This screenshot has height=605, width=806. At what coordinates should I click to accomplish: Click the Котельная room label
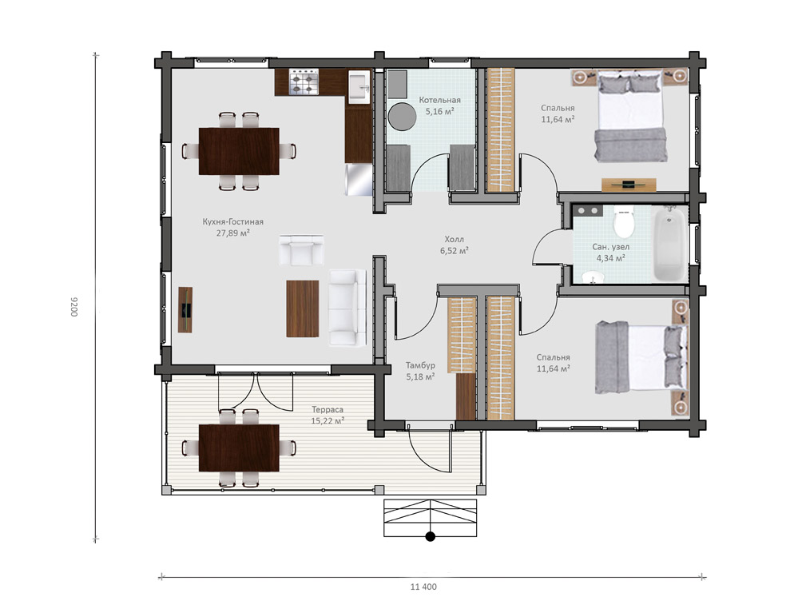(x=439, y=100)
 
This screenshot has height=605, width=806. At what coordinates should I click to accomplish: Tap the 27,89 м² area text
(x=233, y=233)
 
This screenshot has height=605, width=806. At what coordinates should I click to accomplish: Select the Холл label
(x=454, y=239)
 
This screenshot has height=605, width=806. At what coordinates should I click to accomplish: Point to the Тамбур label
(x=420, y=365)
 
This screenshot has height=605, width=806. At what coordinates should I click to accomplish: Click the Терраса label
(x=328, y=409)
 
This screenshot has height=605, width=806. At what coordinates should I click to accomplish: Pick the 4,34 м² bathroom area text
(x=610, y=257)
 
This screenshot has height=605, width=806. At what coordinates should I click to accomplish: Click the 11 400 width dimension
(x=423, y=587)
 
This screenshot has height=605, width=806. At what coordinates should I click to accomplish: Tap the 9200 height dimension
(x=73, y=306)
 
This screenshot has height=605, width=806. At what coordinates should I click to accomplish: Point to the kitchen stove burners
(x=304, y=82)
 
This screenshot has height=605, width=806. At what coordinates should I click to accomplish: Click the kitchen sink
(x=359, y=86)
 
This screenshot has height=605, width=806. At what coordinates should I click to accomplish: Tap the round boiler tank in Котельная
(x=402, y=117)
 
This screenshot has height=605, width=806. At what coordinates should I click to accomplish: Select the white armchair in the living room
(x=301, y=250)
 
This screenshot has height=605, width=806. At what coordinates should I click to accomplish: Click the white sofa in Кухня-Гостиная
(x=347, y=307)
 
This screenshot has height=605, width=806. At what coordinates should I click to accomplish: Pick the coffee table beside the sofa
(x=302, y=308)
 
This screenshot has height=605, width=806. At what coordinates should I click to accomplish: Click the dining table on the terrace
(x=239, y=448)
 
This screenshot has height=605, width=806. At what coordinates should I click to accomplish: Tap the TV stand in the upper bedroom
(x=629, y=184)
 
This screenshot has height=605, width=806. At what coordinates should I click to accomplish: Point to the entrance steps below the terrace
(x=431, y=518)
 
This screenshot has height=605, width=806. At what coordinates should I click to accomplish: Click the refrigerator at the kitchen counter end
(x=359, y=179)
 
